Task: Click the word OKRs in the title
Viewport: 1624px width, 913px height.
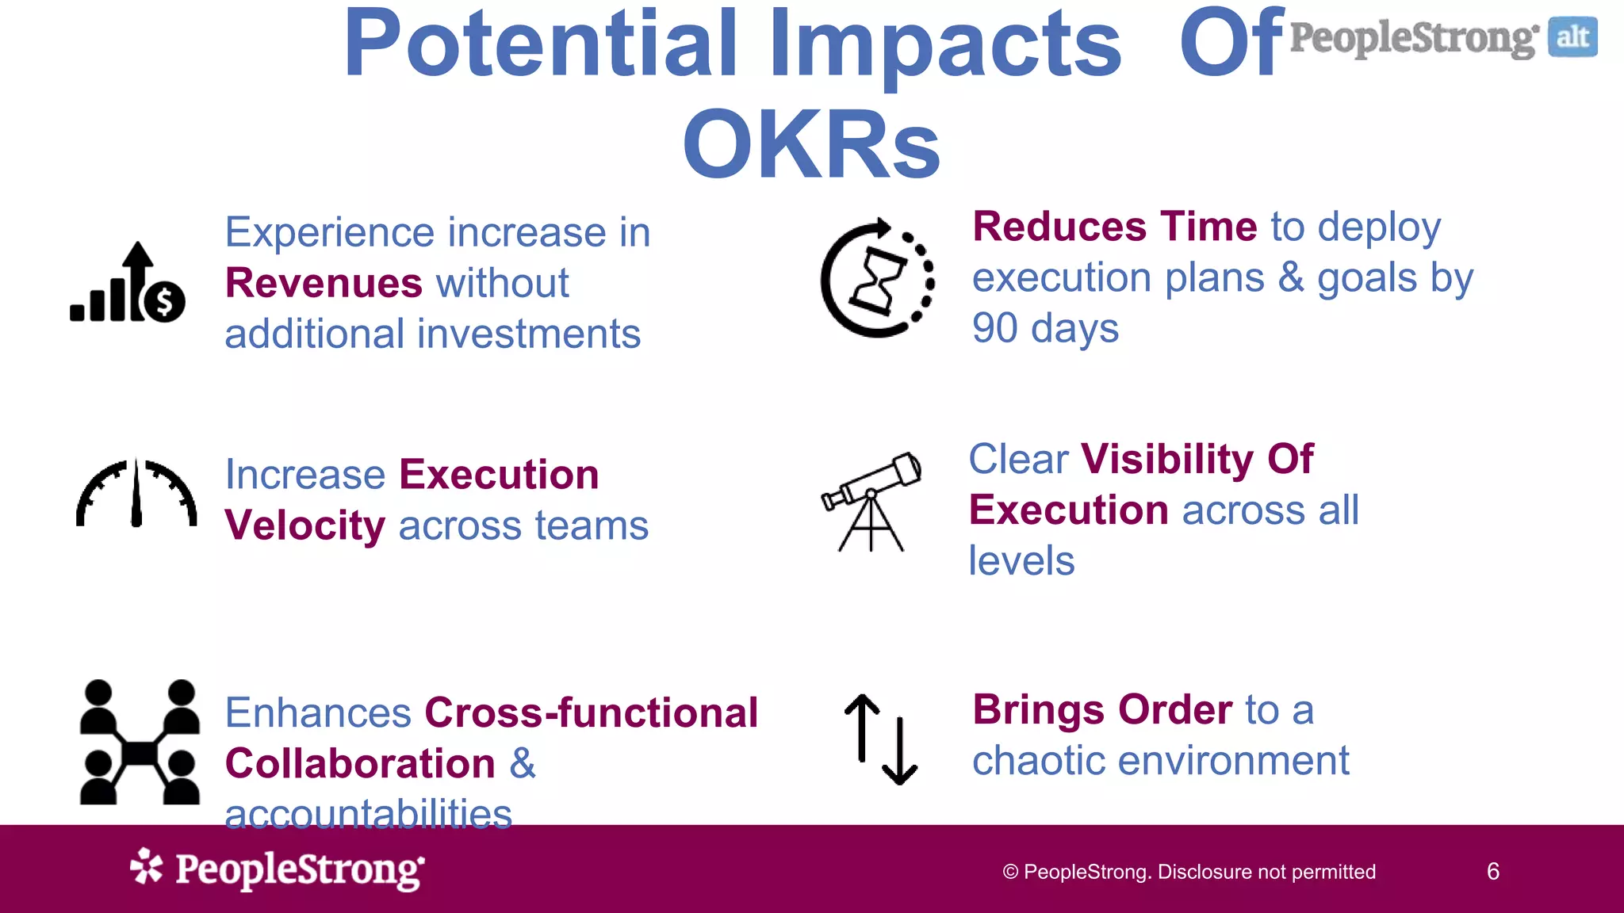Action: (x=811, y=145)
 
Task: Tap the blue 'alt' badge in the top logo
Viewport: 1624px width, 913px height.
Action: (x=1572, y=37)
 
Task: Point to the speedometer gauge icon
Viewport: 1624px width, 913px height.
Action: (x=136, y=493)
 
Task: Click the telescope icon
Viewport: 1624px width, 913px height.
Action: (x=871, y=501)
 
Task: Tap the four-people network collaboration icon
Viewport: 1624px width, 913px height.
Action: (x=140, y=743)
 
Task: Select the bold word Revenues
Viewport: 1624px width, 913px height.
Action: (x=324, y=283)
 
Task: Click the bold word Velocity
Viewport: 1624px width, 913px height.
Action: (x=305, y=525)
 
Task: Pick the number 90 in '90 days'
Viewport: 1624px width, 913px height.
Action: (x=995, y=328)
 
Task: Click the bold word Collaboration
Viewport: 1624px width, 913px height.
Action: (x=360, y=763)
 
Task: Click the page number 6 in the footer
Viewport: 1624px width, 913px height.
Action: (x=1492, y=872)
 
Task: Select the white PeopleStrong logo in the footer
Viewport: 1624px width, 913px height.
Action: (x=278, y=869)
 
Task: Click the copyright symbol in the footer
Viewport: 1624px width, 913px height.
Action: (x=1010, y=873)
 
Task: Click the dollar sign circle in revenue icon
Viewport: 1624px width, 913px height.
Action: (x=165, y=302)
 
